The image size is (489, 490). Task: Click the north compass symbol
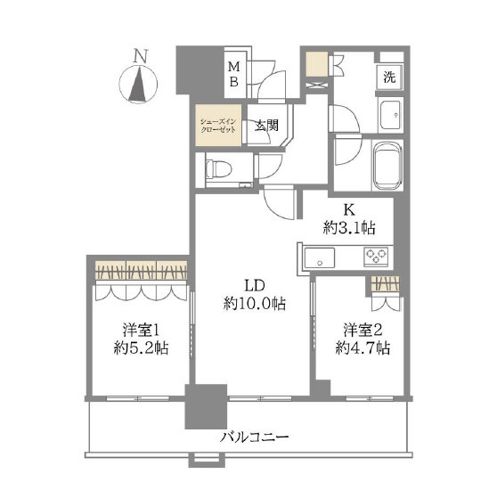[138, 78]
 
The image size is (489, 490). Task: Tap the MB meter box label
[233, 74]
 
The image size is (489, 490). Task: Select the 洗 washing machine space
[389, 77]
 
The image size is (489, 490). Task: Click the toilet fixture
[218, 169]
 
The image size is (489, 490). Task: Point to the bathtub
[387, 166]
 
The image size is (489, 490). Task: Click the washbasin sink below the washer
[390, 115]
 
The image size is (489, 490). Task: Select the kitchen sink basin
[320, 257]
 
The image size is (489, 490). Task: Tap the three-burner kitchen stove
[376, 257]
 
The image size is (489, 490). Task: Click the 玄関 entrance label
[266, 126]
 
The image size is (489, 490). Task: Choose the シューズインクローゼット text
[218, 126]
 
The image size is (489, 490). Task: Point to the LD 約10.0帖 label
[255, 294]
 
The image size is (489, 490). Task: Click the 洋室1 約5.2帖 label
[141, 339]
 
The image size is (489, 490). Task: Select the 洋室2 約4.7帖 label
[363, 339]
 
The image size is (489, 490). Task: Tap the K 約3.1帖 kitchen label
[349, 219]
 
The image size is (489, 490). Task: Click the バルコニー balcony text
[255, 437]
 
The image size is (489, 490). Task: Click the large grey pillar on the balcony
[206, 406]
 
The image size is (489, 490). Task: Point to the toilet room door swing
[269, 166]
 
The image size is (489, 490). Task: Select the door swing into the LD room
[279, 202]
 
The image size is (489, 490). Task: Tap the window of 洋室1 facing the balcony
[138, 398]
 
